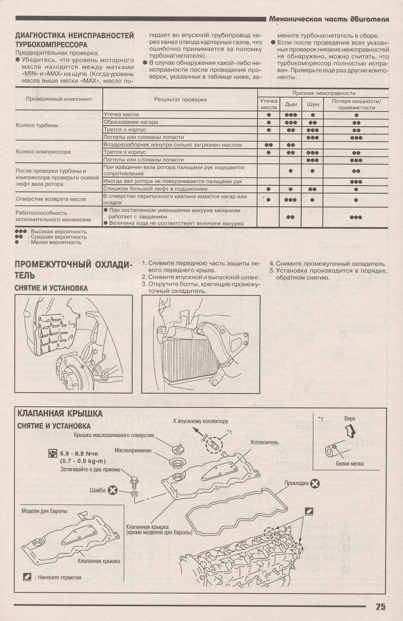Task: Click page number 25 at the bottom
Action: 381,607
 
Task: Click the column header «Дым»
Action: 291,104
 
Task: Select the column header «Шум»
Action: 313,104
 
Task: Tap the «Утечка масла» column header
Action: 269,104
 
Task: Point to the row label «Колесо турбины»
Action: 37,125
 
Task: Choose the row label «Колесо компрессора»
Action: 43,152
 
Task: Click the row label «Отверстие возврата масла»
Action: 51,199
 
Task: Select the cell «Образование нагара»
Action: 131,122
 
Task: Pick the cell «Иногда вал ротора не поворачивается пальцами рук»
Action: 172,181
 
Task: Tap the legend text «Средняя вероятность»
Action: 59,237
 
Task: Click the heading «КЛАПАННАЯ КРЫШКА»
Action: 60,422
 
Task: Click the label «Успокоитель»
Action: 265,442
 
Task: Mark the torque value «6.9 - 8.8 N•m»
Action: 79,454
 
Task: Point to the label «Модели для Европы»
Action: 44,511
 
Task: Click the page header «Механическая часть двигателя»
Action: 329,19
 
